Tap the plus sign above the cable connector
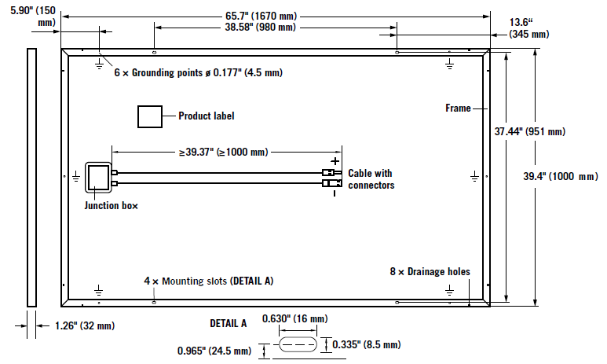point(335,161)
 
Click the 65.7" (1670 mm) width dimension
point(261,16)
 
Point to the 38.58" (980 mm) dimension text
point(261,28)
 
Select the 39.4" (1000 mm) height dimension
point(561,176)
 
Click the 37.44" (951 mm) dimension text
point(529,131)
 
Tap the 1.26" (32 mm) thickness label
point(85,325)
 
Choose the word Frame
point(458,108)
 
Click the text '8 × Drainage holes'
point(430,271)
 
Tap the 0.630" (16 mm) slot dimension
point(295,318)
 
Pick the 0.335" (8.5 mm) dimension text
point(367,344)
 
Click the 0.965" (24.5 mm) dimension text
point(214,351)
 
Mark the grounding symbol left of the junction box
point(76,177)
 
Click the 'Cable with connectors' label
point(371,179)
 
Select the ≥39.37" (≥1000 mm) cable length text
point(223,152)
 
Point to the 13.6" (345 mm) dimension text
point(528,28)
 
